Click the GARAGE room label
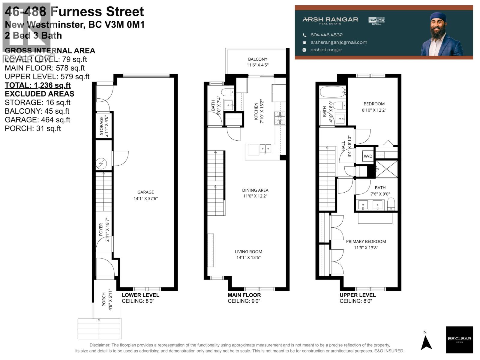pos(145,192)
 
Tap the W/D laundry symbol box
pos(368,156)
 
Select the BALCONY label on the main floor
pos(257,59)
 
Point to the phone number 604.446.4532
pos(326,35)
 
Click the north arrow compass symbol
pos(426,342)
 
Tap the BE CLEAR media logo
pos(459,340)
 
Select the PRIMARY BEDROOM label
pos(366,241)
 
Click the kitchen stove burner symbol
pos(280,118)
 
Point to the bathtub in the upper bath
pos(332,92)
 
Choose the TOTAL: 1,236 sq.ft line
pos(38,85)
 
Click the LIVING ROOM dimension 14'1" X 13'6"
pos(248,257)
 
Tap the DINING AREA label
pos(255,190)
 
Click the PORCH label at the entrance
pos(104,299)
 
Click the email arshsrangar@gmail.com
pos(339,42)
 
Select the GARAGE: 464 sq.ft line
pos(37,120)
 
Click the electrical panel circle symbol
pos(101,163)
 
